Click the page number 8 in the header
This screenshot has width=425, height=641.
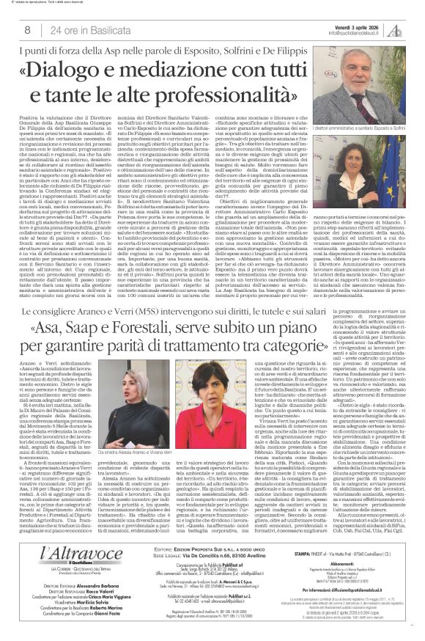tap(26, 30)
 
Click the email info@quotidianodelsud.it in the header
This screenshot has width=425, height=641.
tap(343, 33)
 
